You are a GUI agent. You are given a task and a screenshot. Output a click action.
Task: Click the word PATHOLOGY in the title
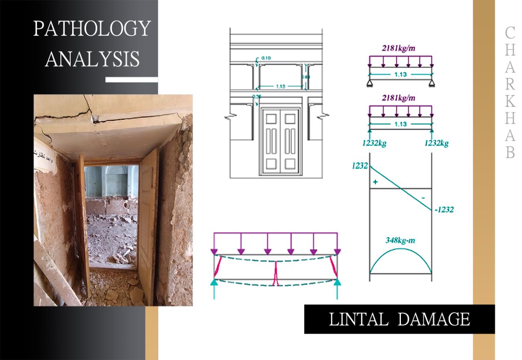pos(92,29)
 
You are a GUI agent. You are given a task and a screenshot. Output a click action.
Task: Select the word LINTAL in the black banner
pos(358,319)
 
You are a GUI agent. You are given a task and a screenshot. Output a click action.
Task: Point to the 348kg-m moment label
pos(400,240)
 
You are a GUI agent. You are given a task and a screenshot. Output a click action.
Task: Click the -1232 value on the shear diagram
pos(444,210)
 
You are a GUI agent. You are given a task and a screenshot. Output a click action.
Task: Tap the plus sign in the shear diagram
pos(375,182)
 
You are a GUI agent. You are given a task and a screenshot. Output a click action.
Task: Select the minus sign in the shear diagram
pos(423,197)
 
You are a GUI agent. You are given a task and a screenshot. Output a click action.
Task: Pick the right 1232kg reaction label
pos(436,143)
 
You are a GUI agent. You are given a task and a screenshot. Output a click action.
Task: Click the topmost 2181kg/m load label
pos(398,48)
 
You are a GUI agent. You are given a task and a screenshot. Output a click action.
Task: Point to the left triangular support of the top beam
pos(370,84)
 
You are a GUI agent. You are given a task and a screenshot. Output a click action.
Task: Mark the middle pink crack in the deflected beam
pos(276,273)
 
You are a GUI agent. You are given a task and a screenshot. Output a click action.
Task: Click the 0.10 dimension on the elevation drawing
pos(266,58)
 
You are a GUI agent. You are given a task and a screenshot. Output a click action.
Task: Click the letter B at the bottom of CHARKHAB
pos(510,152)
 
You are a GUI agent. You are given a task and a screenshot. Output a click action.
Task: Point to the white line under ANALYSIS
pos(131,80)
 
